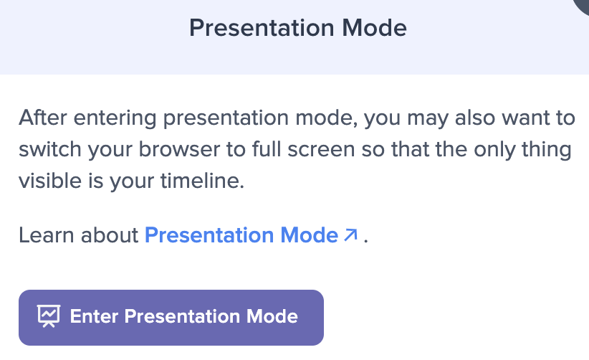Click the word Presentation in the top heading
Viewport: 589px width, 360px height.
pyautogui.click(x=262, y=28)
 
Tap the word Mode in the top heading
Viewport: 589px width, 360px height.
pyautogui.click(x=375, y=28)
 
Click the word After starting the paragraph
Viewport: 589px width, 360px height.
pyautogui.click(x=43, y=118)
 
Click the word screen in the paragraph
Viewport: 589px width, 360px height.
pyautogui.click(x=321, y=150)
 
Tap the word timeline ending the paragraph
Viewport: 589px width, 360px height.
pyautogui.click(x=203, y=181)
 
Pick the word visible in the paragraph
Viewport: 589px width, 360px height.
pyautogui.click(x=50, y=181)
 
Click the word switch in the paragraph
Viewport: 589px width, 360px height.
pyautogui.click(x=50, y=149)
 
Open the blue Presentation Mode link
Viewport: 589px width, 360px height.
pyautogui.click(x=241, y=235)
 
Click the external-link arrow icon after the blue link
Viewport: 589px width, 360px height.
pyautogui.click(x=350, y=235)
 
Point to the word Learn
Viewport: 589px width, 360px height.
pyautogui.click(x=46, y=235)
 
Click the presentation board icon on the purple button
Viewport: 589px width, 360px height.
pyautogui.click(x=49, y=316)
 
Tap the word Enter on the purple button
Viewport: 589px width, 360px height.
pyautogui.click(x=95, y=316)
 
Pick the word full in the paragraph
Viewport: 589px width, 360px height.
pyautogui.click(x=267, y=149)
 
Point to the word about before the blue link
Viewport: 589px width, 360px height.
pyautogui.click(x=110, y=235)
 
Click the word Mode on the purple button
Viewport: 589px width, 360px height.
pyautogui.click(x=272, y=316)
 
